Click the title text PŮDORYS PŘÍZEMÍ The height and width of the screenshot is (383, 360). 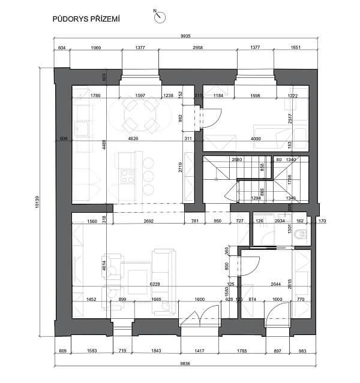point(86,19)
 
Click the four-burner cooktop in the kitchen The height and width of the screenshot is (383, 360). point(128,176)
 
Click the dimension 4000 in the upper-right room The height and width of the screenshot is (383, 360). point(256,139)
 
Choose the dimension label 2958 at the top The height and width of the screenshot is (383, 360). point(197,47)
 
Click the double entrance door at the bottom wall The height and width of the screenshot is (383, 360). point(199,317)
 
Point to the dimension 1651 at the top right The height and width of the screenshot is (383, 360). point(295,47)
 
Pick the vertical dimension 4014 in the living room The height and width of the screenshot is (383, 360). point(103,266)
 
